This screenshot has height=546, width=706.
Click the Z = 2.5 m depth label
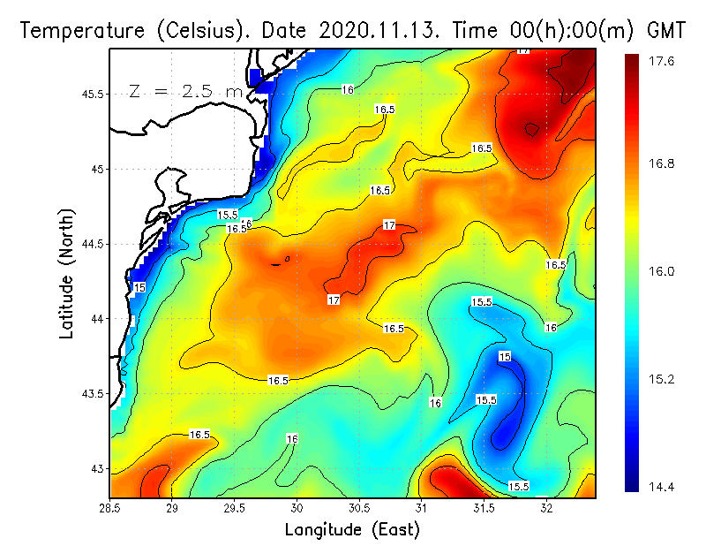tap(186, 90)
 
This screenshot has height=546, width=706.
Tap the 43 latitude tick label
tap(97, 468)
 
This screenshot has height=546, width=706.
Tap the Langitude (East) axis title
tap(352, 529)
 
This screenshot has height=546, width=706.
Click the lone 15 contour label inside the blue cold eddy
tap(505, 357)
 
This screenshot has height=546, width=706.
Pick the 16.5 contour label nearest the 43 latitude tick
tap(199, 435)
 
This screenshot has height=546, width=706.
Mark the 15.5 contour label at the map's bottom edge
tap(519, 486)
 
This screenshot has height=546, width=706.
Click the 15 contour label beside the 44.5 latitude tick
tap(139, 288)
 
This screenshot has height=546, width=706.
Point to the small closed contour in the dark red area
tap(531, 129)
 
